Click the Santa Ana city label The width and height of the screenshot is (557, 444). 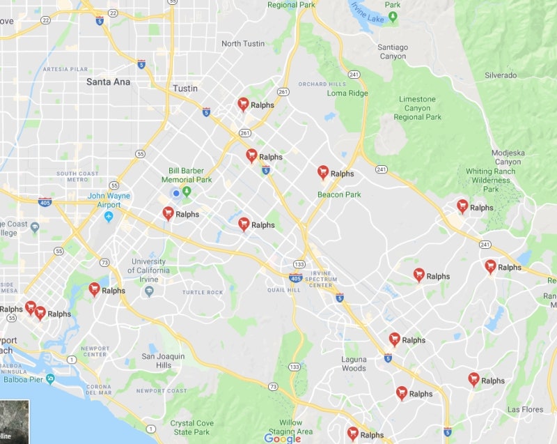coord(108,82)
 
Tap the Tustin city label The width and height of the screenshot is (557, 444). coord(185,89)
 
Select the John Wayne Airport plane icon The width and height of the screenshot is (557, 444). coord(109,216)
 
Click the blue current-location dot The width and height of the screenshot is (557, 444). coord(176,193)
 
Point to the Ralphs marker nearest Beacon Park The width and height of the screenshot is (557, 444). coord(323,172)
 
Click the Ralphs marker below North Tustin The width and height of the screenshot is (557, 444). coord(243,104)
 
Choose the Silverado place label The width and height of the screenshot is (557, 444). coord(501,75)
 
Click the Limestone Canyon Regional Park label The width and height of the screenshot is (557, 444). coord(418,108)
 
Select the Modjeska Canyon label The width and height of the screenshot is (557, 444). coord(508,157)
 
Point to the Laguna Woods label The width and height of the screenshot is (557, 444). coord(354,364)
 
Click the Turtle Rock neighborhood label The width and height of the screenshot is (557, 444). coord(203,292)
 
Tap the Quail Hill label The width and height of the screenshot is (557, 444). coord(283,290)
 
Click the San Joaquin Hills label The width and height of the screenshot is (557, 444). coord(164,360)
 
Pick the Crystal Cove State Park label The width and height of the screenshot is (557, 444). coord(191,427)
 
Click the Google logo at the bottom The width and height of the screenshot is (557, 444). coord(282,438)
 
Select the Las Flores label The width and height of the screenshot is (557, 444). coord(525,409)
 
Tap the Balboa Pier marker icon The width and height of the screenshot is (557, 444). coord(50,379)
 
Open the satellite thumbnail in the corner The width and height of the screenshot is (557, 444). coord(14,422)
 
